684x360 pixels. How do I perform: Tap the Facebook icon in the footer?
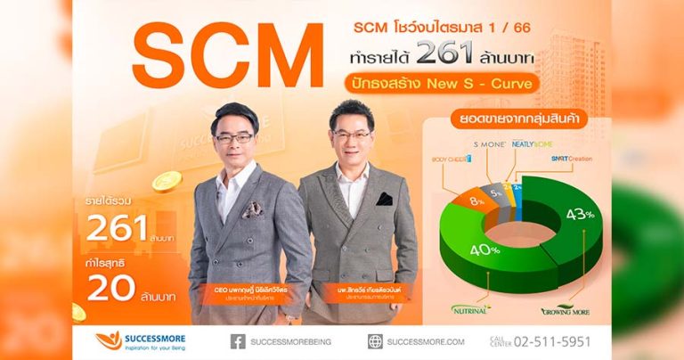click(x=238, y=340)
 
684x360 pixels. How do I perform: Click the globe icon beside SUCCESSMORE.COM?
click(x=375, y=340)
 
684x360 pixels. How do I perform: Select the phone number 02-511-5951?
click(x=547, y=340)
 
